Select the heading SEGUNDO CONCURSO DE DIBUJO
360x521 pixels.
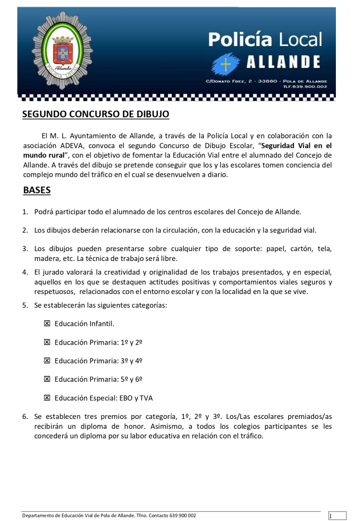[x=96, y=114]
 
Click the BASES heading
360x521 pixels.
[x=37, y=190]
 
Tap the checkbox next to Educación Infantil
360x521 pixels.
[x=47, y=323]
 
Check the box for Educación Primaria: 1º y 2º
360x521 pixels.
[x=47, y=342]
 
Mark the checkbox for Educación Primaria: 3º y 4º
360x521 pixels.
[x=47, y=360]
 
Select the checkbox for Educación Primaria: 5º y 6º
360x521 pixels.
[x=47, y=379]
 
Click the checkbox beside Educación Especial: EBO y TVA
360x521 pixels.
[x=47, y=397]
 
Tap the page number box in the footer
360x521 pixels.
[x=337, y=516]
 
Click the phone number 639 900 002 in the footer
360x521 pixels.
[x=182, y=516]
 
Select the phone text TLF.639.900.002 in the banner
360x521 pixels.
[x=305, y=86]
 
